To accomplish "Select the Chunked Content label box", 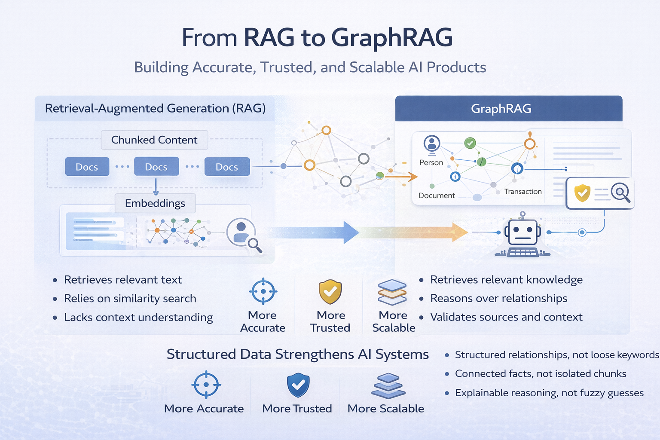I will tap(154, 140).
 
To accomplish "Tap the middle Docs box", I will tap(156, 167).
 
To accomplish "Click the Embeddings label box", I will tap(155, 203).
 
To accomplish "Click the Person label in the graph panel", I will tap(431, 162).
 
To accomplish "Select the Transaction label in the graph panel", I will tap(522, 192).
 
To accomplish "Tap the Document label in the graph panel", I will tap(437, 196).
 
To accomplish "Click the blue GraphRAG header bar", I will tap(508, 109).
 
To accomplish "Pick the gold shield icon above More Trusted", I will tap(330, 292).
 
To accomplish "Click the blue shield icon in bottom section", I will tap(298, 385).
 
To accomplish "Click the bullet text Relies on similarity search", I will tap(130, 299).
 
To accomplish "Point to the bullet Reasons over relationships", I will tap(498, 298).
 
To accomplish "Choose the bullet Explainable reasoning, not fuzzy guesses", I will tap(549, 393).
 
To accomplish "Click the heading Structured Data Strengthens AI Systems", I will tap(297, 354).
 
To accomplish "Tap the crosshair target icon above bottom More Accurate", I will tap(206, 385).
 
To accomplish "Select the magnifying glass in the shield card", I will tap(620, 192).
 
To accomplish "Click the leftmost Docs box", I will tap(87, 167).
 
